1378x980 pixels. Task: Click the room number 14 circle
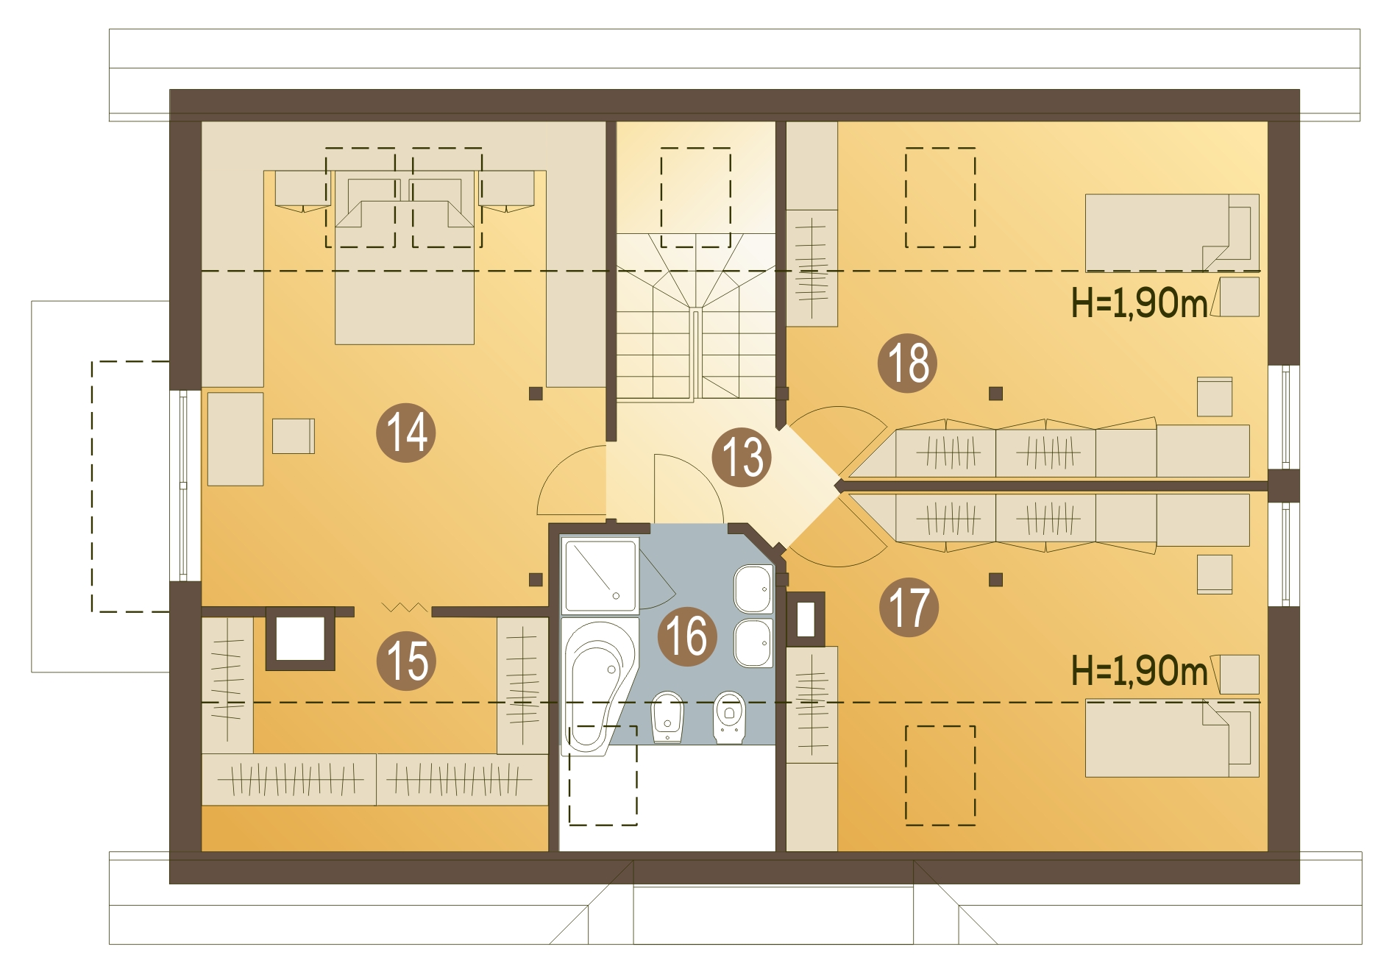pyautogui.click(x=405, y=432)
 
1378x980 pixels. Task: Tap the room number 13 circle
pyautogui.click(x=742, y=457)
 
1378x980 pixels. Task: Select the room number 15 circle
pyautogui.click(x=406, y=661)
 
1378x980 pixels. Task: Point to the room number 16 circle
pyautogui.click(x=686, y=636)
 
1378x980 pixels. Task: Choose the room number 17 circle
pyautogui.click(x=909, y=607)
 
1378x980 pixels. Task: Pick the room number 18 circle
pyautogui.click(x=907, y=363)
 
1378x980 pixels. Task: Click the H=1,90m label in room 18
pyautogui.click(x=1139, y=302)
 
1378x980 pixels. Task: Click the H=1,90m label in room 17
pyautogui.click(x=1139, y=670)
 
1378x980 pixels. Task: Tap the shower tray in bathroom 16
pyautogui.click(x=600, y=576)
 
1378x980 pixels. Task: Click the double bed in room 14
pyautogui.click(x=405, y=258)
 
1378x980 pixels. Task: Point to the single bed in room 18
pyautogui.click(x=1172, y=232)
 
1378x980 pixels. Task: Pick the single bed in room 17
pyautogui.click(x=1172, y=738)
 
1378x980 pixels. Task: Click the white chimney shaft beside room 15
pyautogui.click(x=300, y=638)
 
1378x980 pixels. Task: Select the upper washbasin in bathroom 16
pyautogui.click(x=753, y=589)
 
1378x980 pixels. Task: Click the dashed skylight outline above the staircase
pyautogui.click(x=695, y=197)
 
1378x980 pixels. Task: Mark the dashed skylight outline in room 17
pyautogui.click(x=940, y=775)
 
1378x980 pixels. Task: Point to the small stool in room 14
pyautogui.click(x=294, y=436)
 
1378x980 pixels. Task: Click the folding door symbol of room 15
pyautogui.click(x=405, y=607)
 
